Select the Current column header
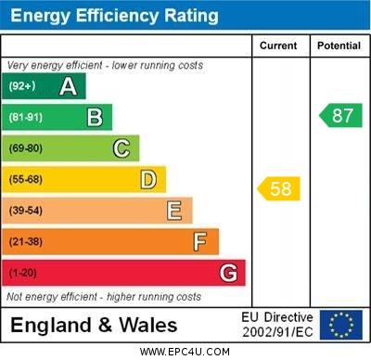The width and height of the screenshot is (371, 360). click(x=278, y=45)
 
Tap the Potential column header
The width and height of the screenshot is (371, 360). click(x=339, y=45)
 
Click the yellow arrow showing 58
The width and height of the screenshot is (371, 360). click(x=278, y=189)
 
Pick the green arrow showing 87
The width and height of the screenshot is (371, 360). click(x=340, y=116)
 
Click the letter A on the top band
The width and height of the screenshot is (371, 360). click(x=68, y=86)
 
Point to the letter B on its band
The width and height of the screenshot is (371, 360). click(x=95, y=117)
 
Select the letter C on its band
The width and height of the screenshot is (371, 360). click(x=122, y=148)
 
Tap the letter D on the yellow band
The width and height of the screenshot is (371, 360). click(x=148, y=179)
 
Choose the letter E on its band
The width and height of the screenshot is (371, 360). click(x=174, y=211)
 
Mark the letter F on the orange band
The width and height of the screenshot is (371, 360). click(x=200, y=242)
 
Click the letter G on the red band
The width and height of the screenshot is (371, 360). click(x=228, y=273)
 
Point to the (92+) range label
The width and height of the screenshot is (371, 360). click(x=22, y=86)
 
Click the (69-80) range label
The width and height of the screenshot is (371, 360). click(x=26, y=148)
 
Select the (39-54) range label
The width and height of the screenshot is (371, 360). click(x=26, y=211)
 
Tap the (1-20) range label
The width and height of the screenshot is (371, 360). click(x=23, y=274)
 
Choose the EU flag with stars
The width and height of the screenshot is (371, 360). click(x=341, y=325)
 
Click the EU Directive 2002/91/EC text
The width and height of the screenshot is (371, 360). click(x=277, y=325)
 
